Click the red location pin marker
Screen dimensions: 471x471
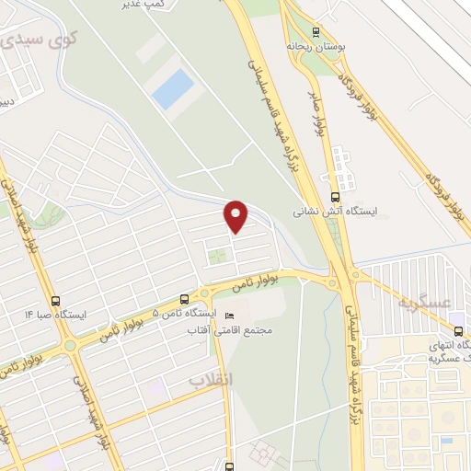pos(237,216)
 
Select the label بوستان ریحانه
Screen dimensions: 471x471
pos(314,45)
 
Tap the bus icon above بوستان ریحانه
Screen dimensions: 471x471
pos(316,30)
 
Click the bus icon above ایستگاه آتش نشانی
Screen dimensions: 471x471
pos(333,196)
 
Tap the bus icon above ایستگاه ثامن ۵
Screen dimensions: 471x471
pos(185,299)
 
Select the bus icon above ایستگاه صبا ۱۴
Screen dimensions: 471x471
pos(56,300)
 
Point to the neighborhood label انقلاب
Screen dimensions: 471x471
pos(208,379)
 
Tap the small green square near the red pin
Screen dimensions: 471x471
pos(217,255)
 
